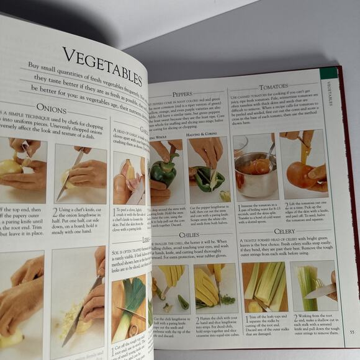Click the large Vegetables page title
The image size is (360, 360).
click(x=103, y=65)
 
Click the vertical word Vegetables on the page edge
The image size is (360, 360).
click(x=330, y=94)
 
